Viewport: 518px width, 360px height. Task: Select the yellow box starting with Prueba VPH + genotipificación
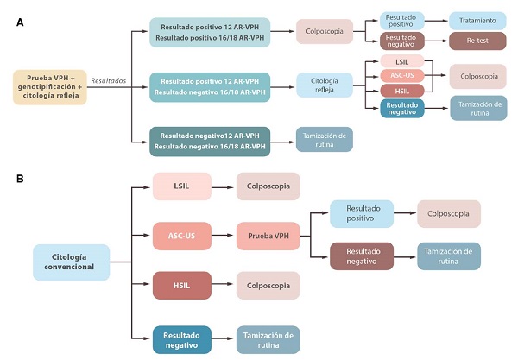(x=49, y=87)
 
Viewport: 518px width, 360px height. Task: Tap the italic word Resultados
(x=108, y=80)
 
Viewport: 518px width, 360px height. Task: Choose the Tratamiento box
(x=477, y=21)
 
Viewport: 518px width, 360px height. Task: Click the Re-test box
(x=477, y=40)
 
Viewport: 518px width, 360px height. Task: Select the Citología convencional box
(x=71, y=262)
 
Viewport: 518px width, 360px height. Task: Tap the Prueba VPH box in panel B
(x=268, y=236)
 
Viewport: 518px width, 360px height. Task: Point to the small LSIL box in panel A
(x=403, y=61)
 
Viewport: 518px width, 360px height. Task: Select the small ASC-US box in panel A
(x=403, y=76)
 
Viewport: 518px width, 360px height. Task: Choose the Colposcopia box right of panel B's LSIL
(x=268, y=186)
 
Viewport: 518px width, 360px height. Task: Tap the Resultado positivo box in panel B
(x=361, y=213)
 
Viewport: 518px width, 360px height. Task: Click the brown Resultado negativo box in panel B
(x=361, y=256)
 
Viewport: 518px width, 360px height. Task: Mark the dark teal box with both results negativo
(x=210, y=140)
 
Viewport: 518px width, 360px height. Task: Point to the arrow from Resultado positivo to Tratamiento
(x=434, y=21)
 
